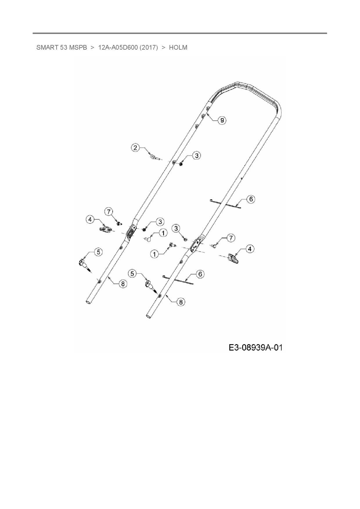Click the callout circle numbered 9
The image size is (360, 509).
tap(222, 120)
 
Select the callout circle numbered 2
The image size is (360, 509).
tap(135, 148)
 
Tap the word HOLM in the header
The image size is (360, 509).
tap(178, 48)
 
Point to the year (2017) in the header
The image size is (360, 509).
tap(149, 48)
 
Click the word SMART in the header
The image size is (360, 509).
tap(47, 48)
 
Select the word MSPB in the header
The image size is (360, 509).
tap(78, 48)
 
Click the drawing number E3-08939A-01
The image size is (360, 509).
tap(255, 347)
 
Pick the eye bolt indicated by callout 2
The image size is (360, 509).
tap(154, 157)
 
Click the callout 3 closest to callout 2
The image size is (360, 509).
tap(197, 156)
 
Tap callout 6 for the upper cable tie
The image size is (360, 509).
tap(251, 199)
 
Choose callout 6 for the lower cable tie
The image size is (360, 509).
tap(200, 274)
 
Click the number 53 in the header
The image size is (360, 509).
tap(64, 48)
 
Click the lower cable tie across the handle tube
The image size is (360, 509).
tap(178, 279)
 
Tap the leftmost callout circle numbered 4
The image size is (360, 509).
tap(90, 219)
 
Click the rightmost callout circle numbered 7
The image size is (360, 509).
tap(231, 238)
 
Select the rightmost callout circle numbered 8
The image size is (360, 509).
tap(181, 302)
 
